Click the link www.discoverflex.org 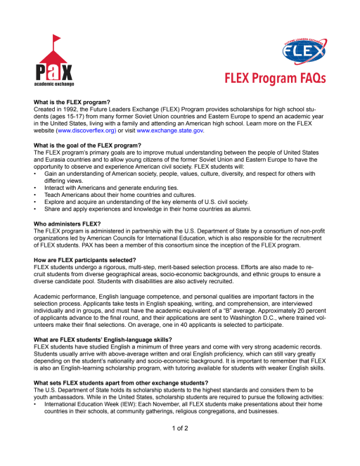coord(90,131)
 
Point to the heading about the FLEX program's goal coord(87,145)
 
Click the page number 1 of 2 coord(180,429)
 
